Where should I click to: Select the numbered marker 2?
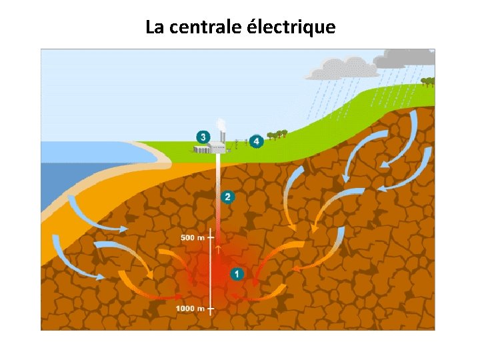pyautogui.click(x=228, y=197)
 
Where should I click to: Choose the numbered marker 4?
pyautogui.click(x=257, y=141)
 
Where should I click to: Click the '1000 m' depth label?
pyautogui.click(x=190, y=309)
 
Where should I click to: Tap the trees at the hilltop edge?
pyautogui.click(x=427, y=82)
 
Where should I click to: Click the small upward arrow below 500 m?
pyautogui.click(x=218, y=250)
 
